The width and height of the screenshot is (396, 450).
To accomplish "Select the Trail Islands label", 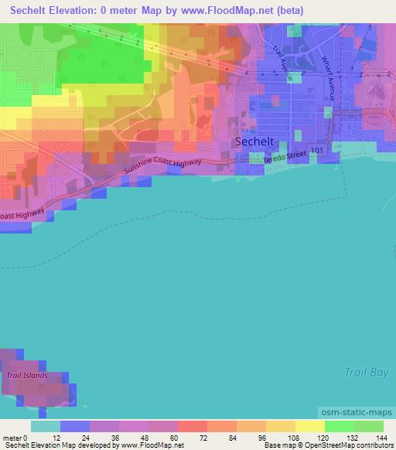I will coord(27,376).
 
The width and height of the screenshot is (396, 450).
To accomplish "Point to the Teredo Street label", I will coord(285,158).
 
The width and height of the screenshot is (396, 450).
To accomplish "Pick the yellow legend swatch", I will coord(310,426).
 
